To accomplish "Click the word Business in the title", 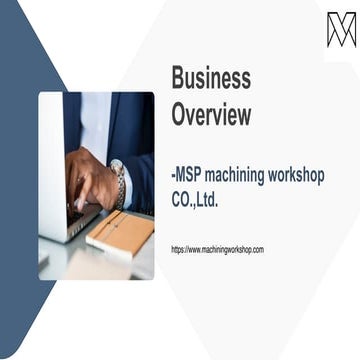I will click(x=211, y=78).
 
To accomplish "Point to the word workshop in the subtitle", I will click(x=304, y=175).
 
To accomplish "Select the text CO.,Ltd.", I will click(x=195, y=200).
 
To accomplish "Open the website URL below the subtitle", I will click(x=217, y=249).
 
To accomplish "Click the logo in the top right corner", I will click(x=341, y=29).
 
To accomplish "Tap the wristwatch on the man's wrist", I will click(x=120, y=184).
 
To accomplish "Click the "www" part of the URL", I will click(x=197, y=249).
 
